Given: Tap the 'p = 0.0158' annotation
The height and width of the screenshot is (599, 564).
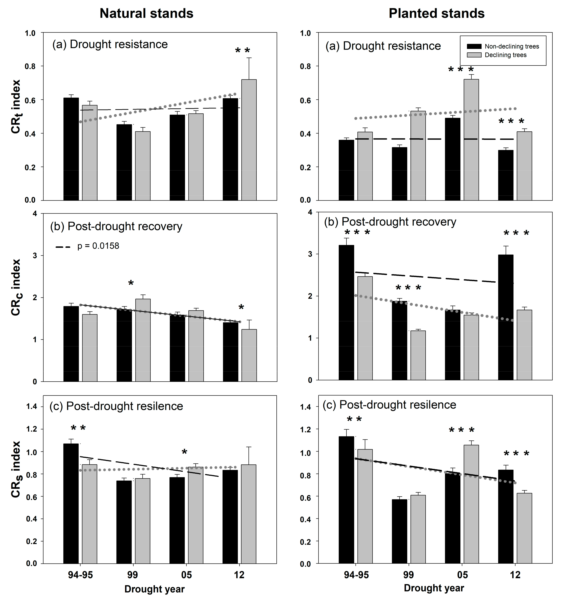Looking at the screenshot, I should tap(98, 246).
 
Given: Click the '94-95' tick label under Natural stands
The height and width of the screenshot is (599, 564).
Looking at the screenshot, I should tap(80, 575).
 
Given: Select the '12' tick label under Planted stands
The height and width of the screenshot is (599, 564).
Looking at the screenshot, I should tap(515, 575).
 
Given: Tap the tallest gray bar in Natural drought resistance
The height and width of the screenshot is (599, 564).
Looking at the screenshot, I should tap(249, 140).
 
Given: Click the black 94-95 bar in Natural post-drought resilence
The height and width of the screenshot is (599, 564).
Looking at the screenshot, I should tap(71, 503).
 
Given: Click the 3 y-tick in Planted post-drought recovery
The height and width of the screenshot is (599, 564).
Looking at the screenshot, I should tap(310, 254).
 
